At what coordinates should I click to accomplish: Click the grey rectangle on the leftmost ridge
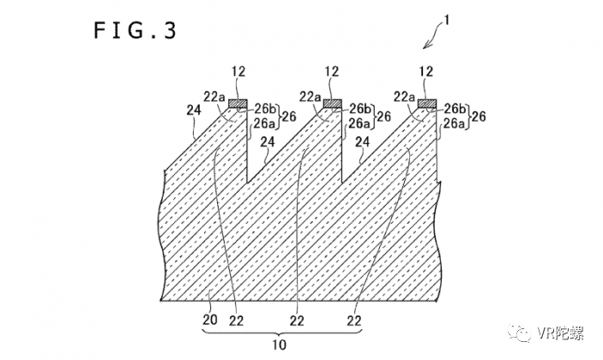point(238,104)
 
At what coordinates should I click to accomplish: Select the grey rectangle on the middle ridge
point(332,104)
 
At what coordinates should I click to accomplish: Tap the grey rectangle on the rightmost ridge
point(426,104)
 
